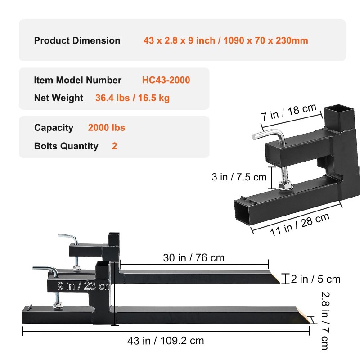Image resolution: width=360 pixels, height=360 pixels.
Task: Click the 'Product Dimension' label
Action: click(77, 40)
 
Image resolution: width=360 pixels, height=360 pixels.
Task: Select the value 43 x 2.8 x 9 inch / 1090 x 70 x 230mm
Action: click(225, 40)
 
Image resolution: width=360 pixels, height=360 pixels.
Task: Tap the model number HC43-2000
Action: click(166, 80)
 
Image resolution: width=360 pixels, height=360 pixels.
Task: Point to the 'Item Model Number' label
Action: click(78, 80)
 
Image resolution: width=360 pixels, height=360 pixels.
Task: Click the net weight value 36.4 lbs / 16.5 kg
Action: click(132, 98)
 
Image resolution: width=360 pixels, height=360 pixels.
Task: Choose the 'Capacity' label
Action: click(54, 128)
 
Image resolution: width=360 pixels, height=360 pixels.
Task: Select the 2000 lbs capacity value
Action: click(107, 128)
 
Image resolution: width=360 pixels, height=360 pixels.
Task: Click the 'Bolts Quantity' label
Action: click(66, 146)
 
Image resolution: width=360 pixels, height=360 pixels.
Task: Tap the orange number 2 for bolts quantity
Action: click(115, 146)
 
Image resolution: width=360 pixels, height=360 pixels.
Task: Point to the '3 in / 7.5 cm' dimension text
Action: click(239, 177)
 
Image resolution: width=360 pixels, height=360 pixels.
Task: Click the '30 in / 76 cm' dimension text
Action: click(194, 258)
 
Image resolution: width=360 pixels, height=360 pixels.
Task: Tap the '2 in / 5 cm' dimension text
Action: click(315, 279)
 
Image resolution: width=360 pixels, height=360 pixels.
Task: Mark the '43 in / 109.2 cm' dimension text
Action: click(166, 341)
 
